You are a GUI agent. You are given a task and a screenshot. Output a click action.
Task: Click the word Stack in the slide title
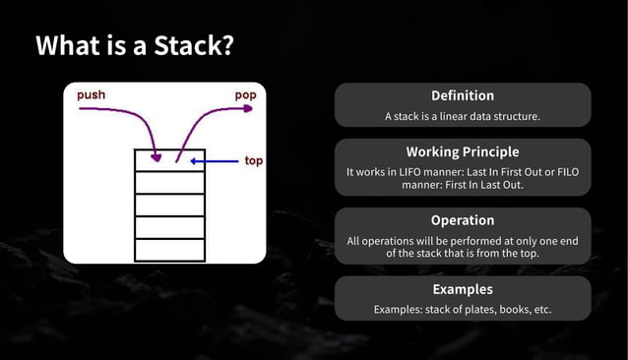tap(183, 46)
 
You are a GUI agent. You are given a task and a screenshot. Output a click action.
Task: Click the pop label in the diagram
tap(245, 95)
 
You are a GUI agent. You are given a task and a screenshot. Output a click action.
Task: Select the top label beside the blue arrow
tap(253, 160)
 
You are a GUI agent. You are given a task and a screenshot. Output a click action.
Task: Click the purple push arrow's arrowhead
tap(155, 156)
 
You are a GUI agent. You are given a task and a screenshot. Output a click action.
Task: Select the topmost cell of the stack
tap(169, 160)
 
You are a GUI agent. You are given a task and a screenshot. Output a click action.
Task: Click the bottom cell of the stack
tap(169, 250)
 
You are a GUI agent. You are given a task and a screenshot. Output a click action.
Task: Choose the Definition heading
tap(463, 95)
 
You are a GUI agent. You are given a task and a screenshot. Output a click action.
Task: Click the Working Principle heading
tap(463, 152)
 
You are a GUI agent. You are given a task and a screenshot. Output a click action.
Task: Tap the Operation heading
tap(463, 220)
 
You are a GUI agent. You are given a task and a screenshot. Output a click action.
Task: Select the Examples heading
tap(463, 289)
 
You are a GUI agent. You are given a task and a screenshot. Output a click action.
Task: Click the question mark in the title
tap(226, 46)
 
